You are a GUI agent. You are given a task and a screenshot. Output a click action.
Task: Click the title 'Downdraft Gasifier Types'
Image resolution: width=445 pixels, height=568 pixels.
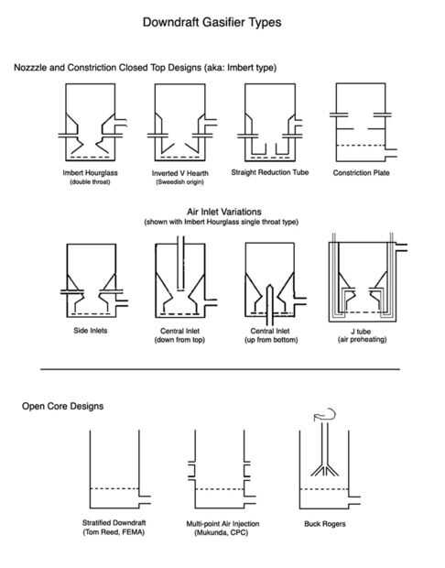click(212, 23)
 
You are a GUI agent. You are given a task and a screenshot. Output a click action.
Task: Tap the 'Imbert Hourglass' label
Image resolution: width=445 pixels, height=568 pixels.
click(90, 173)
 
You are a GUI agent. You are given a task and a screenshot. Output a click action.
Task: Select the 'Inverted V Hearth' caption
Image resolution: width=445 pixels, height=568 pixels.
click(180, 173)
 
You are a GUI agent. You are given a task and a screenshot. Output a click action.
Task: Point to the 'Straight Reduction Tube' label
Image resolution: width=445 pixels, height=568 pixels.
click(270, 172)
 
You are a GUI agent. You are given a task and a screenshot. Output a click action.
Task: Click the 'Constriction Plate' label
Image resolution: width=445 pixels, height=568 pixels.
click(361, 173)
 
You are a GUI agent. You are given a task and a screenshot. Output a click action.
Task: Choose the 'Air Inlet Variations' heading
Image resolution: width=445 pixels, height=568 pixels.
click(224, 212)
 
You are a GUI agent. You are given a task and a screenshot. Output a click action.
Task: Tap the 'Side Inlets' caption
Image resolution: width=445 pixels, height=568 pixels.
click(90, 331)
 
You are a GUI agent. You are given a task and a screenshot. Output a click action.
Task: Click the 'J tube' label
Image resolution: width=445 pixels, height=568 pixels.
click(361, 331)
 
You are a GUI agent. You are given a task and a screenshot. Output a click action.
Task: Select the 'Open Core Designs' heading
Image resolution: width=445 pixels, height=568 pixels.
click(62, 406)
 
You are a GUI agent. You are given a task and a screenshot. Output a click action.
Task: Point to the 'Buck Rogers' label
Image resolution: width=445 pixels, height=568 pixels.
click(325, 524)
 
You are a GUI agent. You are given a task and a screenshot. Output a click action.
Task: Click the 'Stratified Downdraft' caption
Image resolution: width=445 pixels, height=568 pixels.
click(114, 523)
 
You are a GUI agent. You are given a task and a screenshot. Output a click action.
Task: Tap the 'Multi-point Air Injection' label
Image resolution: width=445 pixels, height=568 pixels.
click(222, 524)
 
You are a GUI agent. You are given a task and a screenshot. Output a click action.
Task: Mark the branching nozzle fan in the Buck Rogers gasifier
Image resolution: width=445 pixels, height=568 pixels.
click(325, 470)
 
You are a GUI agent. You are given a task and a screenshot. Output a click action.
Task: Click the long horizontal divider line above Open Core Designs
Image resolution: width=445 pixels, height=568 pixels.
click(220, 369)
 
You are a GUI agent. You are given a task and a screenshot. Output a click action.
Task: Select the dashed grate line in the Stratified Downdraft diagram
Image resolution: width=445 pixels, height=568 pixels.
click(114, 488)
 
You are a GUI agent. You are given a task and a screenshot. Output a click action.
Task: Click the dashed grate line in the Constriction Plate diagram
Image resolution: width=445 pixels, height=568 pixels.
click(361, 146)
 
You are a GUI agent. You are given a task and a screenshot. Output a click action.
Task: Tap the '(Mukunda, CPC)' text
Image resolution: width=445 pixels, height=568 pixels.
click(222, 532)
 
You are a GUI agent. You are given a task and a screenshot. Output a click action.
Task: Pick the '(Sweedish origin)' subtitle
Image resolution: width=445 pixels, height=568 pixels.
click(180, 181)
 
